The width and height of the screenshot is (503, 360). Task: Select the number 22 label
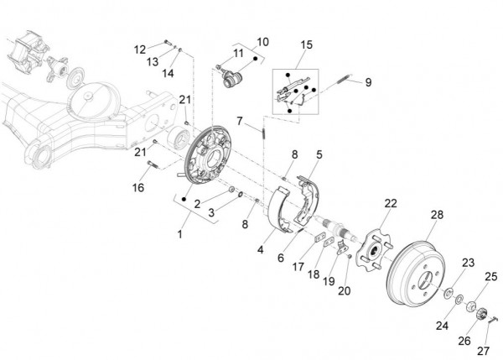click(391, 204)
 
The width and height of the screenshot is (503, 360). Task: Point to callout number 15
click(306, 44)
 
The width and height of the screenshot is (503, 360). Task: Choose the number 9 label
click(367, 82)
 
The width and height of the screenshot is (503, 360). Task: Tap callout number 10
click(262, 40)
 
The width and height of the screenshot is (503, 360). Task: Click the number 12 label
click(139, 48)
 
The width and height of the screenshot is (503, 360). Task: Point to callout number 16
click(138, 187)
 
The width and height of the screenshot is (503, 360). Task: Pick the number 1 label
click(179, 233)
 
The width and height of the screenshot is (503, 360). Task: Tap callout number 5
click(319, 154)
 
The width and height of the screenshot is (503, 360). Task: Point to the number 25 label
click(491, 275)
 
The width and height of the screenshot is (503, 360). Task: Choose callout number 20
click(343, 291)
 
